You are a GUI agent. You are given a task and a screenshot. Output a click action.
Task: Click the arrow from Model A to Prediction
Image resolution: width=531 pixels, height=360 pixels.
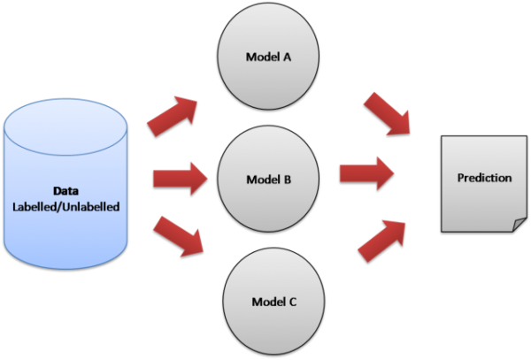coord(387,114)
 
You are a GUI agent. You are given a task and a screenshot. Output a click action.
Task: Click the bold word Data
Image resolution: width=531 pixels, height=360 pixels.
coord(65,190)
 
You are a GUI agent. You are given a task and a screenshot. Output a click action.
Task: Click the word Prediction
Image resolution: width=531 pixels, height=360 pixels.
coord(484,178)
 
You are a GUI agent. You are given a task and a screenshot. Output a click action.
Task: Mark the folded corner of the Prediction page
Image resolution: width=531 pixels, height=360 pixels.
coord(516,224)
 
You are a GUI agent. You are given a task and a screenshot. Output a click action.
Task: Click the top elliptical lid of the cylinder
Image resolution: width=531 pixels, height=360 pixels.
coord(65,120)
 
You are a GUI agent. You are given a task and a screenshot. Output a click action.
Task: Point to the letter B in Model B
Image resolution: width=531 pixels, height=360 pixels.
coord(288,180)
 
